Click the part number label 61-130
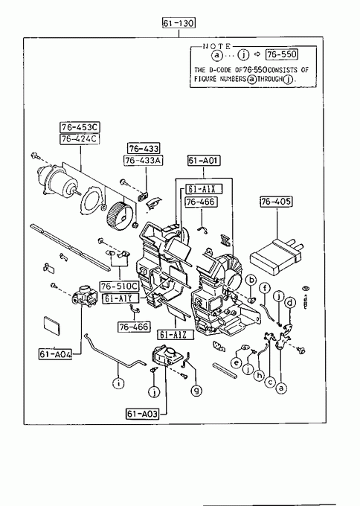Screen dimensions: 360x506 click(x=179, y=23)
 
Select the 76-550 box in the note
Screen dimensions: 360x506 click(x=282, y=54)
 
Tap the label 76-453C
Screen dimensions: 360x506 click(x=80, y=127)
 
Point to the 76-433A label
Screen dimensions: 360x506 click(x=143, y=161)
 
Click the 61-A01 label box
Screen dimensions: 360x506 click(x=204, y=161)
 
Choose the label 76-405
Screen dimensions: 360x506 click(x=276, y=202)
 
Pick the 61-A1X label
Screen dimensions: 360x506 click(x=204, y=189)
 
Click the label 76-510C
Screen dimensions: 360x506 click(x=119, y=286)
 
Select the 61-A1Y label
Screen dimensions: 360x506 click(x=120, y=298)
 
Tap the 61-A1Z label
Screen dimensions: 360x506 click(x=176, y=335)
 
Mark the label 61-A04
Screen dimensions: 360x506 click(x=55, y=354)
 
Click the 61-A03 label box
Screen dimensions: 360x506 click(x=142, y=414)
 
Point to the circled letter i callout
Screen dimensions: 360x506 click(x=119, y=383)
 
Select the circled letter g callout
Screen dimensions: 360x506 click(x=196, y=391)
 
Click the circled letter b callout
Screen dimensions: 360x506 click(x=251, y=281)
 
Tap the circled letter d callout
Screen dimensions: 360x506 click(x=290, y=303)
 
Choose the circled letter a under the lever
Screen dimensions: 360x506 click(x=281, y=388)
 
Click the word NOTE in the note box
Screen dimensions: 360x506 click(x=216, y=46)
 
